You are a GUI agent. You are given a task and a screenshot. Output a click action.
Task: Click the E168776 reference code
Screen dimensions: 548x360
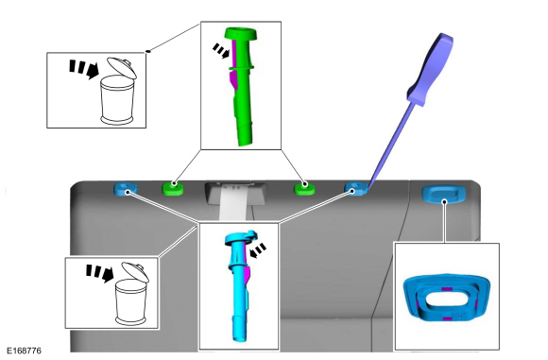(x=25, y=351)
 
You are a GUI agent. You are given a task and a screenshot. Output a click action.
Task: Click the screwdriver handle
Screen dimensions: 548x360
(x=431, y=69)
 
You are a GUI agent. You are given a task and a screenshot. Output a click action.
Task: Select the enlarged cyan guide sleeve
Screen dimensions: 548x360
(x=240, y=285)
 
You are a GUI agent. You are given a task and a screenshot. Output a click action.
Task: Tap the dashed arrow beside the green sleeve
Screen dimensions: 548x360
(x=221, y=51)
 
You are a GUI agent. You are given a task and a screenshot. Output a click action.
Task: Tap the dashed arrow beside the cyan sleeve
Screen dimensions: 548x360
(x=258, y=250)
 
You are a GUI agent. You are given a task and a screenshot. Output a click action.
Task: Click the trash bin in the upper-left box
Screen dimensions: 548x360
(x=118, y=92)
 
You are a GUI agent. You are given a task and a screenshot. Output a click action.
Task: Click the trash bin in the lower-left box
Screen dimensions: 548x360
(x=131, y=294)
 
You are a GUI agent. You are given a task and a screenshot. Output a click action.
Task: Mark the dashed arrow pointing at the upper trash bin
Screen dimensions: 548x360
(x=84, y=69)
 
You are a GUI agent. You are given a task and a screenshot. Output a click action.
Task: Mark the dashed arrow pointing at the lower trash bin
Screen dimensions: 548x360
(x=100, y=273)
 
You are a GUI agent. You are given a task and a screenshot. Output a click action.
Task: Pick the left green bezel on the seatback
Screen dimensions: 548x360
(x=173, y=188)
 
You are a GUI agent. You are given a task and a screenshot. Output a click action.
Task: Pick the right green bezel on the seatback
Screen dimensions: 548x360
(x=304, y=189)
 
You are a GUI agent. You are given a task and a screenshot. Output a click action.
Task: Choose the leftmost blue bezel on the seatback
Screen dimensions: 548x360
(x=125, y=189)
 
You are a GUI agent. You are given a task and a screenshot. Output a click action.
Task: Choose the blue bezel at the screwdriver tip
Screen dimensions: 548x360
(x=356, y=189)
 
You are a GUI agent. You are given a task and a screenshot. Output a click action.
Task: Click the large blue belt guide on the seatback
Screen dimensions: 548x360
(x=444, y=194)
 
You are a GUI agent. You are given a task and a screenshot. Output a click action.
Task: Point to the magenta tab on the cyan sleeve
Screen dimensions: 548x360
(x=248, y=274)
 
